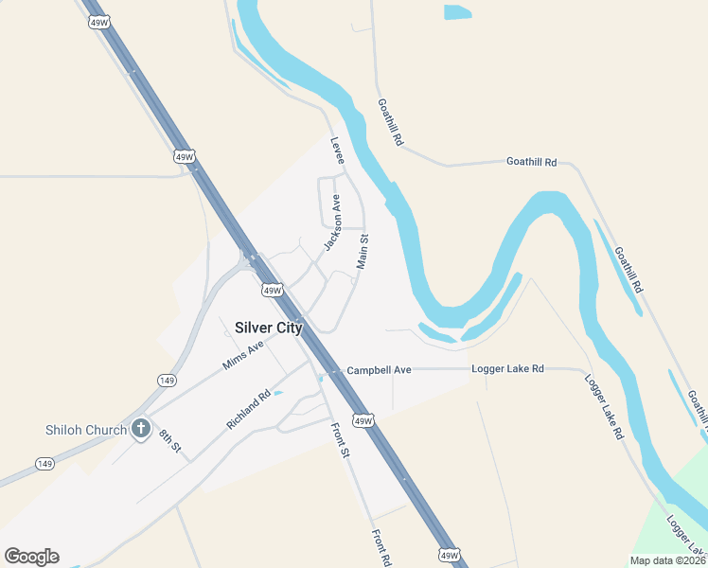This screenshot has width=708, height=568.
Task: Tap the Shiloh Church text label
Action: click(86, 430)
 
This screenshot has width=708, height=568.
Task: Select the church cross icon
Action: click(141, 430)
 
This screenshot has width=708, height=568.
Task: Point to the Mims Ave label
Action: click(242, 354)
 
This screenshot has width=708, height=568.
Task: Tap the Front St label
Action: click(342, 439)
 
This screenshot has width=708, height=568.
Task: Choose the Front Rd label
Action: click(381, 547)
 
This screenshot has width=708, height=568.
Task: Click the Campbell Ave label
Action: click(379, 369)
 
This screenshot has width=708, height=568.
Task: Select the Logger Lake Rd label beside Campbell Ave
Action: click(510, 368)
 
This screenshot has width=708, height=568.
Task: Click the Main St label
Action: click(362, 253)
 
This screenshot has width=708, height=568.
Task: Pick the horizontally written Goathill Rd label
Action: click(531, 162)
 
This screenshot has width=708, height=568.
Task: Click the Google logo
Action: click(31, 557)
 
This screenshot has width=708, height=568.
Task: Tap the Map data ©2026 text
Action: click(667, 560)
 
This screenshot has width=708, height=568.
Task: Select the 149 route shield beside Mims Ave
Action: click(167, 381)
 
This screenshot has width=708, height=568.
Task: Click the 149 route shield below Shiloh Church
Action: click(44, 463)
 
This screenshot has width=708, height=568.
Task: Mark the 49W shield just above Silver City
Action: click(272, 291)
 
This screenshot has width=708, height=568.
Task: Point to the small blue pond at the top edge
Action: click(457, 12)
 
